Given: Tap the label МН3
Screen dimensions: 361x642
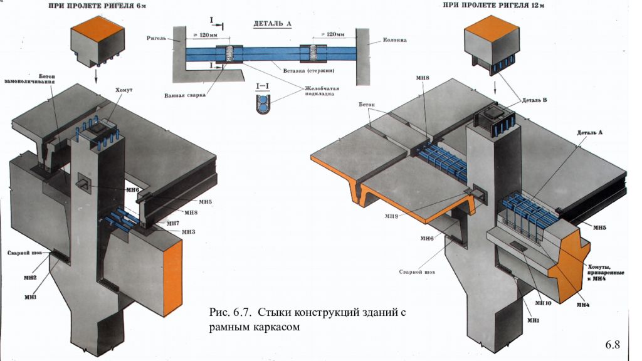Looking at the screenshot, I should coord(189,232).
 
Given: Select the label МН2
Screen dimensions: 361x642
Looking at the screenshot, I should coord(30,277).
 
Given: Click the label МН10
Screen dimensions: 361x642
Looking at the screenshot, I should coord(543,303).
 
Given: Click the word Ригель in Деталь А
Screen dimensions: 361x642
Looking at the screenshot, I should coord(157,38).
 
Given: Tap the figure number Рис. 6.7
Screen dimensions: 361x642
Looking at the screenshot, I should coord(228,311).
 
